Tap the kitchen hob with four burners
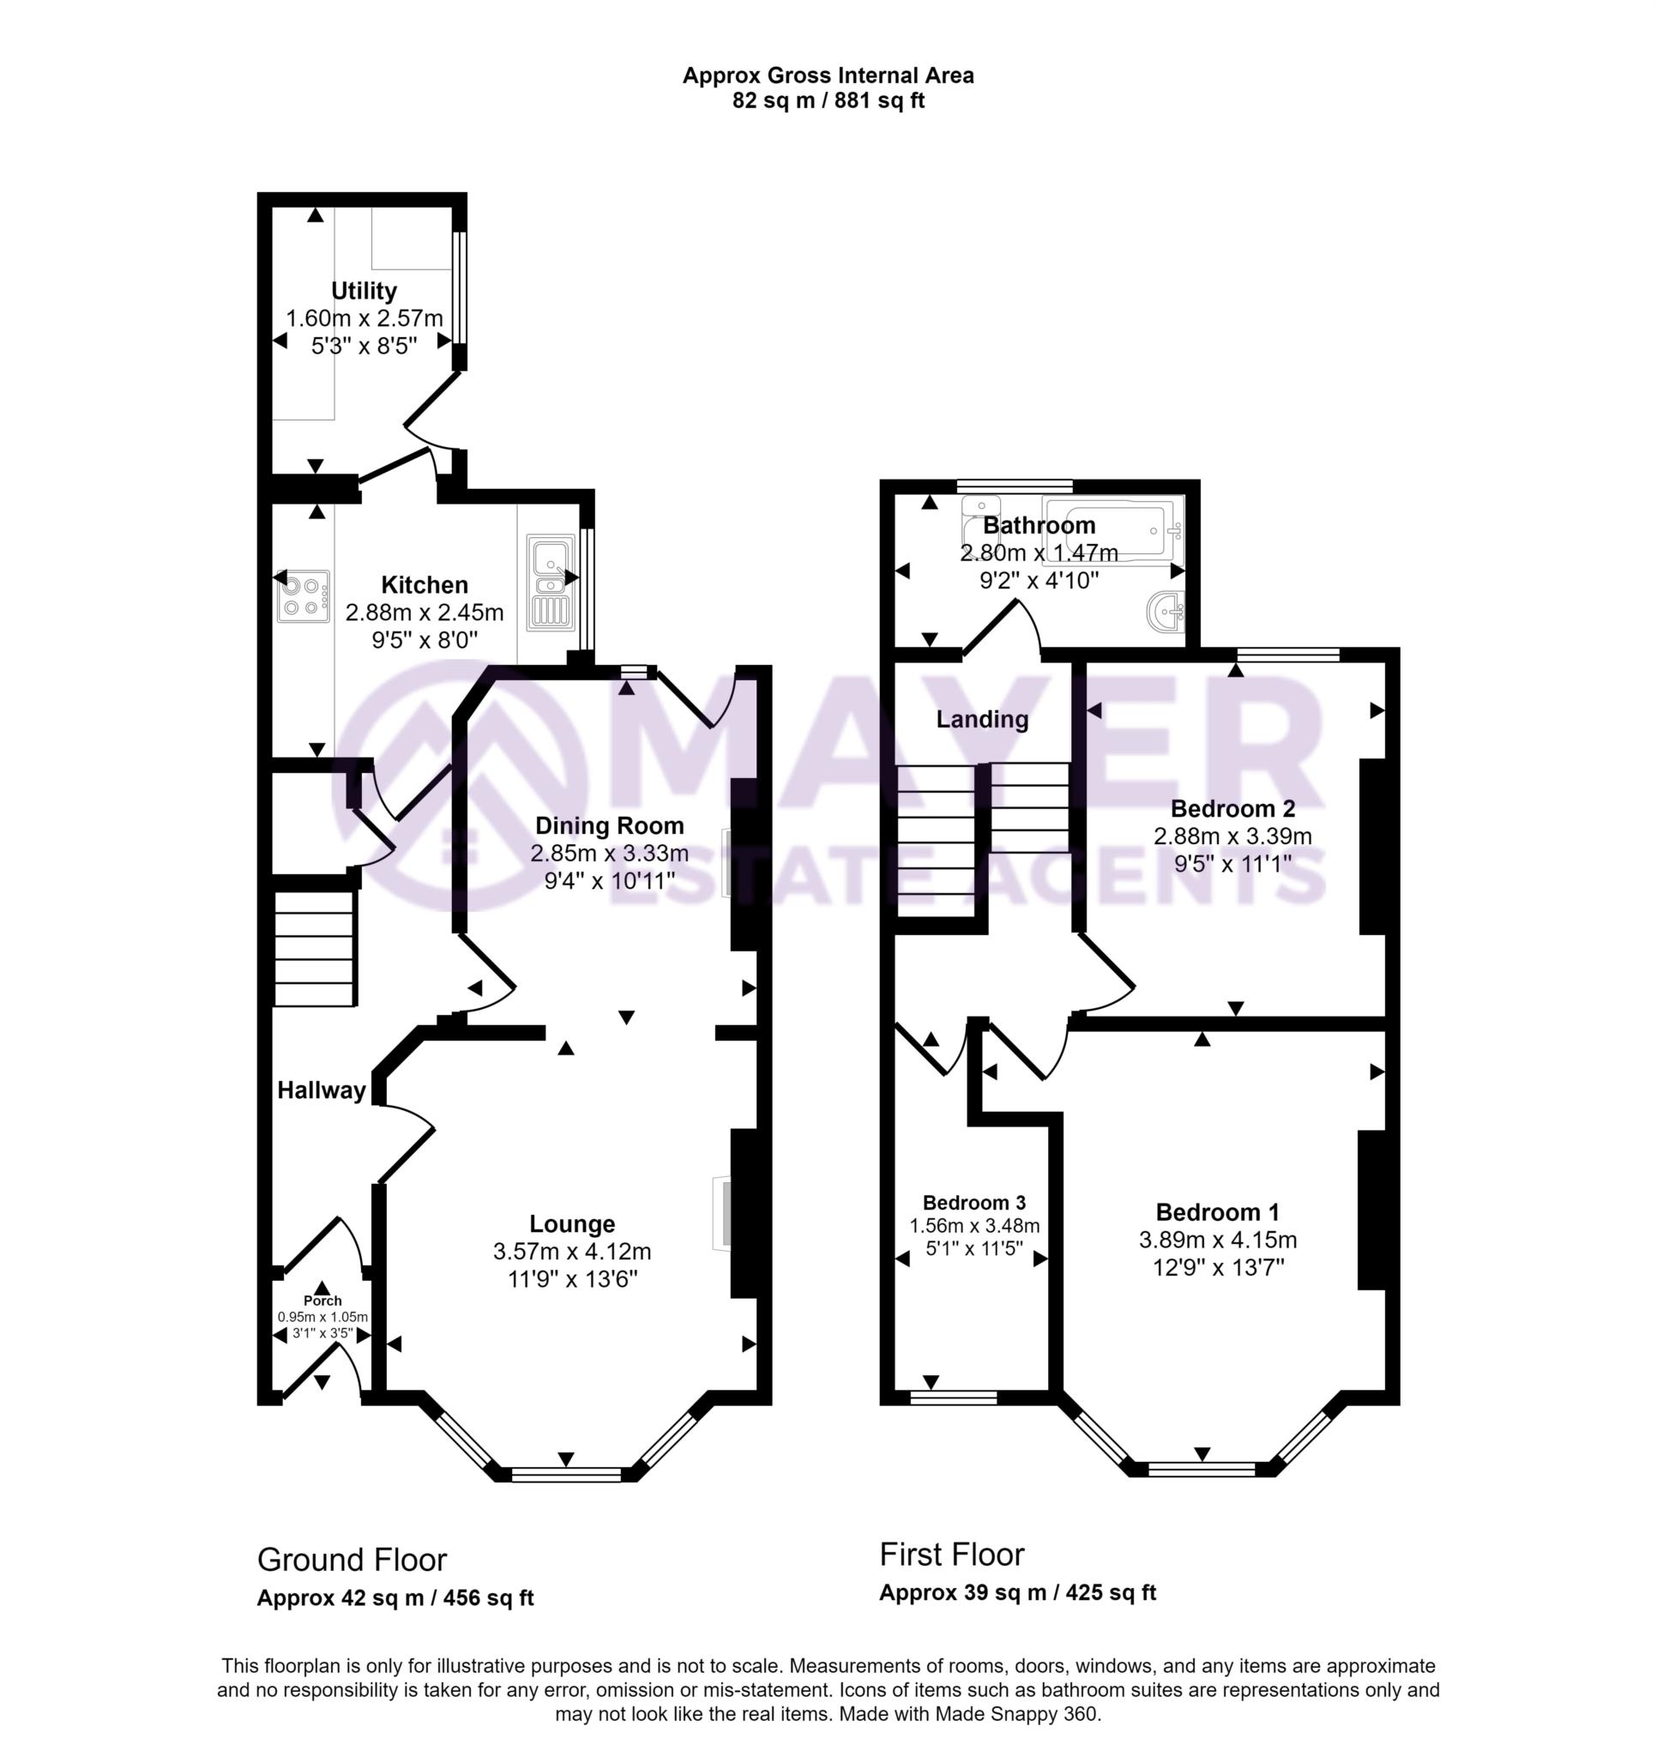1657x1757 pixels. coord(303,595)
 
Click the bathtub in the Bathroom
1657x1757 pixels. coord(1112,530)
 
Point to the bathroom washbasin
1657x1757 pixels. coord(1166,611)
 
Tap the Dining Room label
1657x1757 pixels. coord(610,825)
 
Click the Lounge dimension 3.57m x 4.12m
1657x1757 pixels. coord(573,1252)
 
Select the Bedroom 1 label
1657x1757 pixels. coord(1218,1211)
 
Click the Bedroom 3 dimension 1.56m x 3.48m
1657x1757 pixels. coord(974,1226)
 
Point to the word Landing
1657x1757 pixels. coord(983,719)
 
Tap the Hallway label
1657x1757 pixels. coord(322,1090)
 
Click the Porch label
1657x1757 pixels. coord(322,1300)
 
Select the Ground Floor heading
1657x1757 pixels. coord(352,1560)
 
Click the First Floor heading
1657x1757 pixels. coord(952,1554)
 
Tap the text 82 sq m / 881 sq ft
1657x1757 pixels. coord(828,100)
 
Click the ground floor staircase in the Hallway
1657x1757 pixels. coord(315,948)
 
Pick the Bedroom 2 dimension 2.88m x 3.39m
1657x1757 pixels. coord(1232,836)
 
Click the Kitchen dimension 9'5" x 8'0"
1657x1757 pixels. coord(425,639)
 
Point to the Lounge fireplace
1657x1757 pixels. coord(723,1213)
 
